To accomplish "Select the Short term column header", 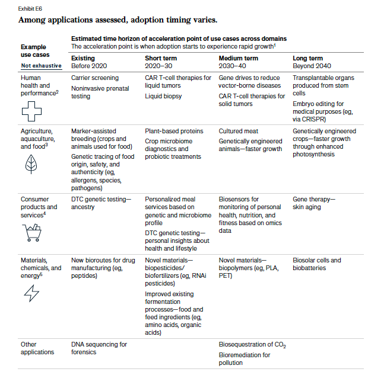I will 161,58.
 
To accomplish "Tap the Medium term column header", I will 238,58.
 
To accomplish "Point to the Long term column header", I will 308,58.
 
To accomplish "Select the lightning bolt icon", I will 31,293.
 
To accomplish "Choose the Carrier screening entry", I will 95,78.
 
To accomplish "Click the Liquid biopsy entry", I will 163,96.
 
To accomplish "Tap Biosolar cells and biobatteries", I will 317,264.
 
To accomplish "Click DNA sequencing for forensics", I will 99,348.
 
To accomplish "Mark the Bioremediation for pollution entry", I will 245,359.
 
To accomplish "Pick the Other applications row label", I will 37,348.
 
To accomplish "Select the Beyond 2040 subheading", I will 311,66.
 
